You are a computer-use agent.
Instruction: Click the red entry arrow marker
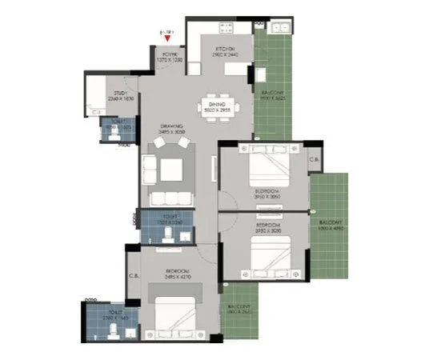[x=166, y=36]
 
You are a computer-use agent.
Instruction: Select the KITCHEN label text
[x=223, y=50]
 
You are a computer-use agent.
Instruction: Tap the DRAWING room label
[x=172, y=126]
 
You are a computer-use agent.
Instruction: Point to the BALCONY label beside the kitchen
[x=272, y=94]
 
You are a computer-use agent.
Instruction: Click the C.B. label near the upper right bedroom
[x=316, y=159]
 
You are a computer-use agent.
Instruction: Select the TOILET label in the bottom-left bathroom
[x=110, y=315]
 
